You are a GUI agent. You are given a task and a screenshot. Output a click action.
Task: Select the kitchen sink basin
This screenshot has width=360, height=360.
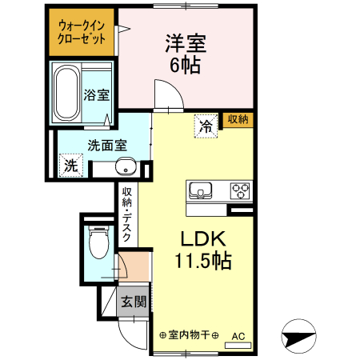pos(200,190)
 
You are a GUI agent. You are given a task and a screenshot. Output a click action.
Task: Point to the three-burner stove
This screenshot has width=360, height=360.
pos(240,191)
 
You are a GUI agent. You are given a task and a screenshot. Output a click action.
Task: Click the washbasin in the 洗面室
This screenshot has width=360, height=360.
pos(126,166)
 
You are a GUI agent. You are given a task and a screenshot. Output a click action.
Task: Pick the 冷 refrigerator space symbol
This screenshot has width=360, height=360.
pos(206,126)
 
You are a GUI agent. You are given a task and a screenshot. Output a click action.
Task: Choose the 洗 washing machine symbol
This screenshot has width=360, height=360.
pos(71,166)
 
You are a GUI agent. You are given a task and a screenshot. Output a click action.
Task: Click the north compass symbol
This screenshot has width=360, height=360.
pos(298,336)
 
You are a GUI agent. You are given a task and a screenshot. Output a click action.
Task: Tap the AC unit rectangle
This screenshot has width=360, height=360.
pos(238,346)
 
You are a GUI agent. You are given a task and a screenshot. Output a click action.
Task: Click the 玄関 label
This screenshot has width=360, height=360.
pos(134,302)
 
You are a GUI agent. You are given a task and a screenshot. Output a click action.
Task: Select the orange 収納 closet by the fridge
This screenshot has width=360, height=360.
pos(238,119)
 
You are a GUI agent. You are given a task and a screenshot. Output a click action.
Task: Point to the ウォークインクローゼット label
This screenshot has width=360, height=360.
pos(82,33)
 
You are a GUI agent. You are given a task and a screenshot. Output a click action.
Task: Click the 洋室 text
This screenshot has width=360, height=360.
pos(186,43)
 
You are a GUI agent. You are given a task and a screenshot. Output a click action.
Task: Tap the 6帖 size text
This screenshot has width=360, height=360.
pos(186,65)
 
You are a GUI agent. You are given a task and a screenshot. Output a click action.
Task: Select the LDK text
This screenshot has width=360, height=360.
pos(203,238)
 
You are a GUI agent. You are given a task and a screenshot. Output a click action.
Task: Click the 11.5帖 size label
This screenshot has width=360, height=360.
pos(203,261)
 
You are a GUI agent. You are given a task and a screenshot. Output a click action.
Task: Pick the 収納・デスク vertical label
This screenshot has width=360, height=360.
pos(126,214)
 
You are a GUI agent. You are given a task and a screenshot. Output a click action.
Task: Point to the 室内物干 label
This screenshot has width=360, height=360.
pos(189,335)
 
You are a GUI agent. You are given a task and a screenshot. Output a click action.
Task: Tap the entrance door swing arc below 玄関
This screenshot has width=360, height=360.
pos(128,342)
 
